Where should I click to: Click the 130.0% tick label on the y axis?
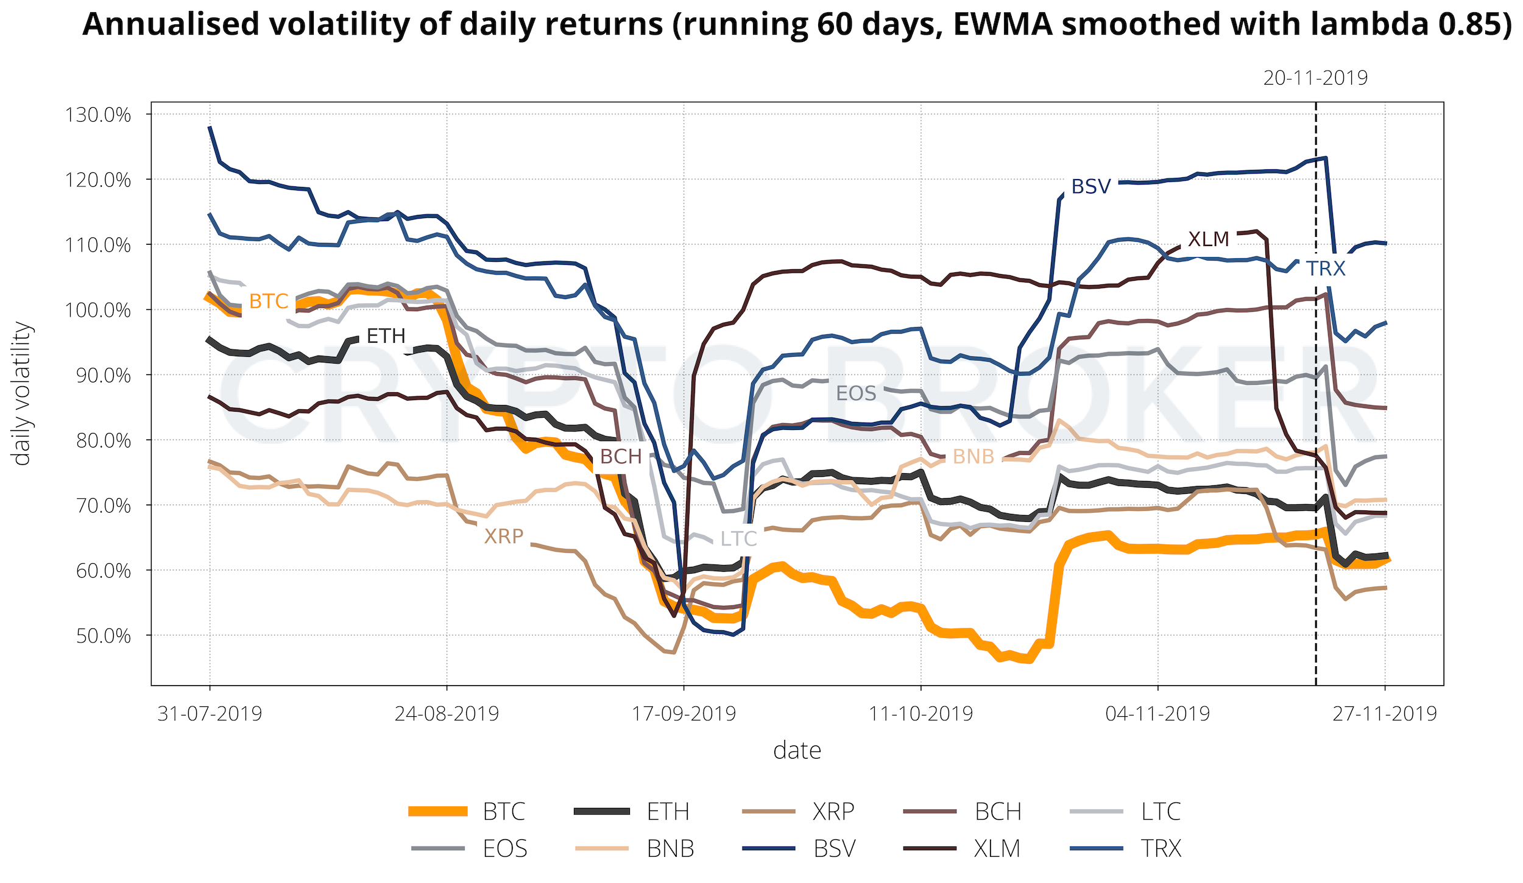coord(97,114)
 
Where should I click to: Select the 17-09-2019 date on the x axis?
coord(684,713)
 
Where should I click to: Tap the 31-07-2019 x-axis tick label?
coord(210,713)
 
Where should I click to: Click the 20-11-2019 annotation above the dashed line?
coord(1315,78)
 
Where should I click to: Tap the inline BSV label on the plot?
coord(1091,186)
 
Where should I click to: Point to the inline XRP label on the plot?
coord(504,536)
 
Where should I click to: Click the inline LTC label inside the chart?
coord(738,538)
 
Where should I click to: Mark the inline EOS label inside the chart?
coord(856,393)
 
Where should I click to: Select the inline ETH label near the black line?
coord(386,336)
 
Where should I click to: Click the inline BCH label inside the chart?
coord(621,456)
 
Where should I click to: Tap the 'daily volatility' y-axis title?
coord(22,393)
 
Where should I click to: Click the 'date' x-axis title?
coord(797,750)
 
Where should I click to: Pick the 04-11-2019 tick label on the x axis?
coord(1157,713)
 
